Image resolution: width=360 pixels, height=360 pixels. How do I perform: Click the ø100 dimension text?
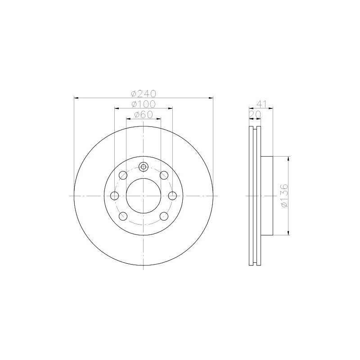143,104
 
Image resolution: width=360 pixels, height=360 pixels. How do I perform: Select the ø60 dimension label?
144,115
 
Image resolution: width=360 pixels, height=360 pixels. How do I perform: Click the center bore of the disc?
144,196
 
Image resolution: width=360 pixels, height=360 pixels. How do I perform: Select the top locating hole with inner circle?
144,167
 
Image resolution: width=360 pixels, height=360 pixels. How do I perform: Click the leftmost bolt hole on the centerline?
115,196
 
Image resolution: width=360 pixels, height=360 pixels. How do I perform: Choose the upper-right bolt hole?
164,175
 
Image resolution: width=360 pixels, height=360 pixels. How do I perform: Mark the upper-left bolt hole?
123,175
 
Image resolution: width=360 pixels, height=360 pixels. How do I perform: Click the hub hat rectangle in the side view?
267,196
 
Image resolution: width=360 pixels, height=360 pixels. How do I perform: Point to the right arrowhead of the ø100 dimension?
171,108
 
